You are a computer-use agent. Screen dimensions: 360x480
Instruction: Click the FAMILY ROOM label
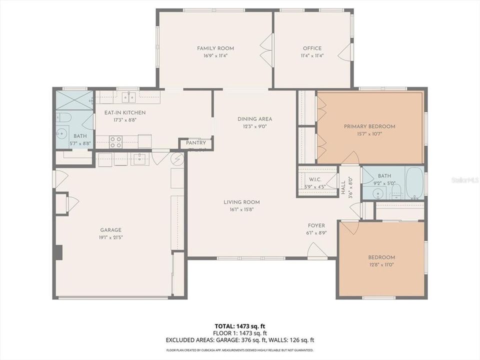pyautogui.click(x=215, y=48)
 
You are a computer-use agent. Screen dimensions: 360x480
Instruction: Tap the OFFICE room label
pyautogui.click(x=312, y=48)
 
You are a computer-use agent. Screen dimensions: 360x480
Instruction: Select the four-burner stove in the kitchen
pyautogui.click(x=116, y=141)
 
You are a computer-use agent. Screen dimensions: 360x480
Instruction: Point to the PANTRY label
pyautogui.click(x=195, y=143)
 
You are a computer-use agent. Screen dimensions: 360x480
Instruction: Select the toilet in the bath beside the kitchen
pyautogui.click(x=63, y=117)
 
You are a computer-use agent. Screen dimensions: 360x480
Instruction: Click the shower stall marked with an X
pyautogui.click(x=74, y=99)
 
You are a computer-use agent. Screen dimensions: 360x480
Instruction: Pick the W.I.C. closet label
pyautogui.click(x=315, y=179)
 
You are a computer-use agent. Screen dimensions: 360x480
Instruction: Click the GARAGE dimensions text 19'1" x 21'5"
pyautogui.click(x=110, y=237)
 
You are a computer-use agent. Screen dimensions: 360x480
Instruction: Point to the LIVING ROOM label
pyautogui.click(x=241, y=202)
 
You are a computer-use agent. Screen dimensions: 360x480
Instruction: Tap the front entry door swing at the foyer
pyautogui.click(x=316, y=250)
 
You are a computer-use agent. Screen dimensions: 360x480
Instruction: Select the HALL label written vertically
pyautogui.click(x=343, y=184)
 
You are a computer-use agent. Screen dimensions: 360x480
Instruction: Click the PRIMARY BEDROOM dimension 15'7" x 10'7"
pyautogui.click(x=369, y=134)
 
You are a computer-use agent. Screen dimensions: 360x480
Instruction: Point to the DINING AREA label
pyautogui.click(x=254, y=119)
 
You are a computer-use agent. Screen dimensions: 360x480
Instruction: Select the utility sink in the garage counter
pyautogui.click(x=138, y=159)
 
